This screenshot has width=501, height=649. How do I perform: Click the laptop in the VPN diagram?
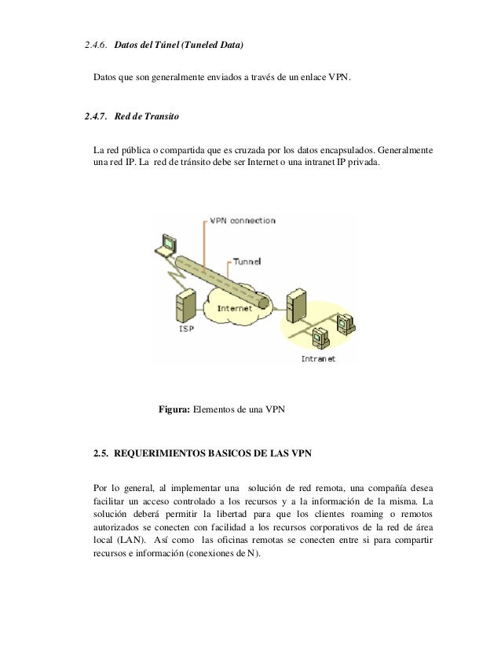coord(166,245)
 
